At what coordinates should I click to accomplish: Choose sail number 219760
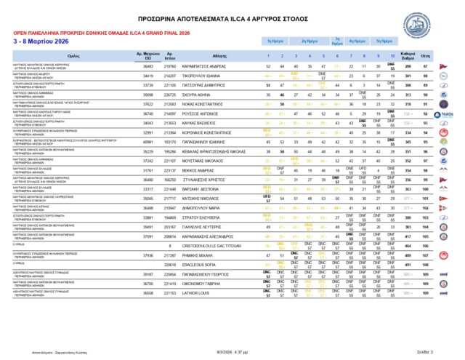click(x=170, y=66)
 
